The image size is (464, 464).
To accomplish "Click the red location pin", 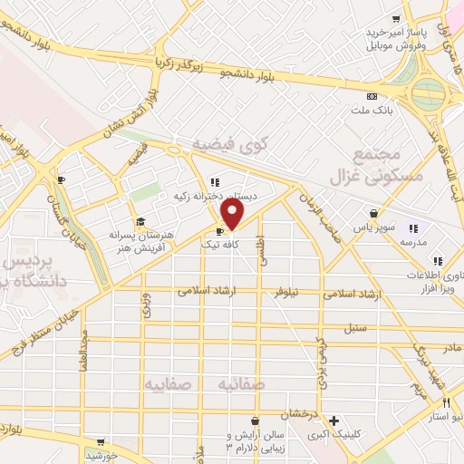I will coord(233,214).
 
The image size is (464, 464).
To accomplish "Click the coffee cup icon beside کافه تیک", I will coord(220,231).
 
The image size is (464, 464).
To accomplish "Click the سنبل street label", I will coord(355,328).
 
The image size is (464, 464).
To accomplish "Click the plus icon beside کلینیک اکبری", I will coord(334,420).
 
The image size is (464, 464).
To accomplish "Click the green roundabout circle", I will coord(430,92).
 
